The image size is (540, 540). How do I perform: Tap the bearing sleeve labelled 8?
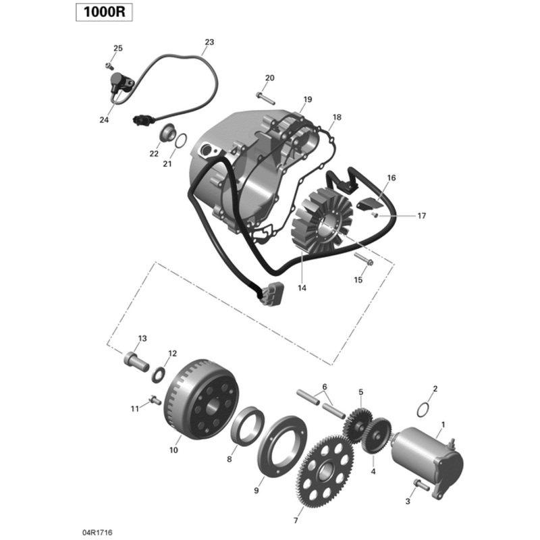click(244, 431)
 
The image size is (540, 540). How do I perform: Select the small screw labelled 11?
click(155, 400)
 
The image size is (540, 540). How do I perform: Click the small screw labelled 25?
click(108, 65)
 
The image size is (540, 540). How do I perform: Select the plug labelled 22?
click(164, 134)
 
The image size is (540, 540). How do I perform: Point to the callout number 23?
click(209, 43)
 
